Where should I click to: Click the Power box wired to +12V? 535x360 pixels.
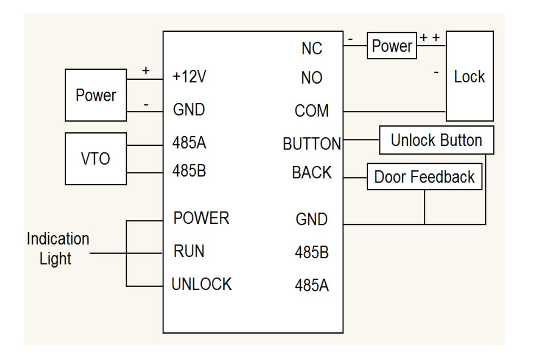click(x=96, y=96)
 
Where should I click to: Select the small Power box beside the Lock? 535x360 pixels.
click(x=391, y=46)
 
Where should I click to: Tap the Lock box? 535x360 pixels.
click(x=469, y=76)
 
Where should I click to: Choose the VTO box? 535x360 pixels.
click(x=96, y=159)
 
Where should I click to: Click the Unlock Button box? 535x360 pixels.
click(x=436, y=140)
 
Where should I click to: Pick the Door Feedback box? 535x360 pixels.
click(x=424, y=177)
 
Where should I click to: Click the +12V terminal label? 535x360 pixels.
click(x=190, y=77)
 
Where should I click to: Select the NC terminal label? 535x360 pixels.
click(x=312, y=48)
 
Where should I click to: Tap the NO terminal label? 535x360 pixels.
click(x=312, y=78)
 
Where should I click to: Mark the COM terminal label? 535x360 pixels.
click(x=312, y=111)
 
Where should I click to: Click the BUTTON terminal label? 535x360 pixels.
click(x=312, y=144)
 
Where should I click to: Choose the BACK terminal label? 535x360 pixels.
click(x=312, y=173)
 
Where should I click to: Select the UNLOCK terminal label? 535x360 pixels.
click(x=202, y=284)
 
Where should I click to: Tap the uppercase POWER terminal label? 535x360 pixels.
click(x=202, y=218)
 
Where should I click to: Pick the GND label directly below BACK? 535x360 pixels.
click(x=311, y=220)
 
